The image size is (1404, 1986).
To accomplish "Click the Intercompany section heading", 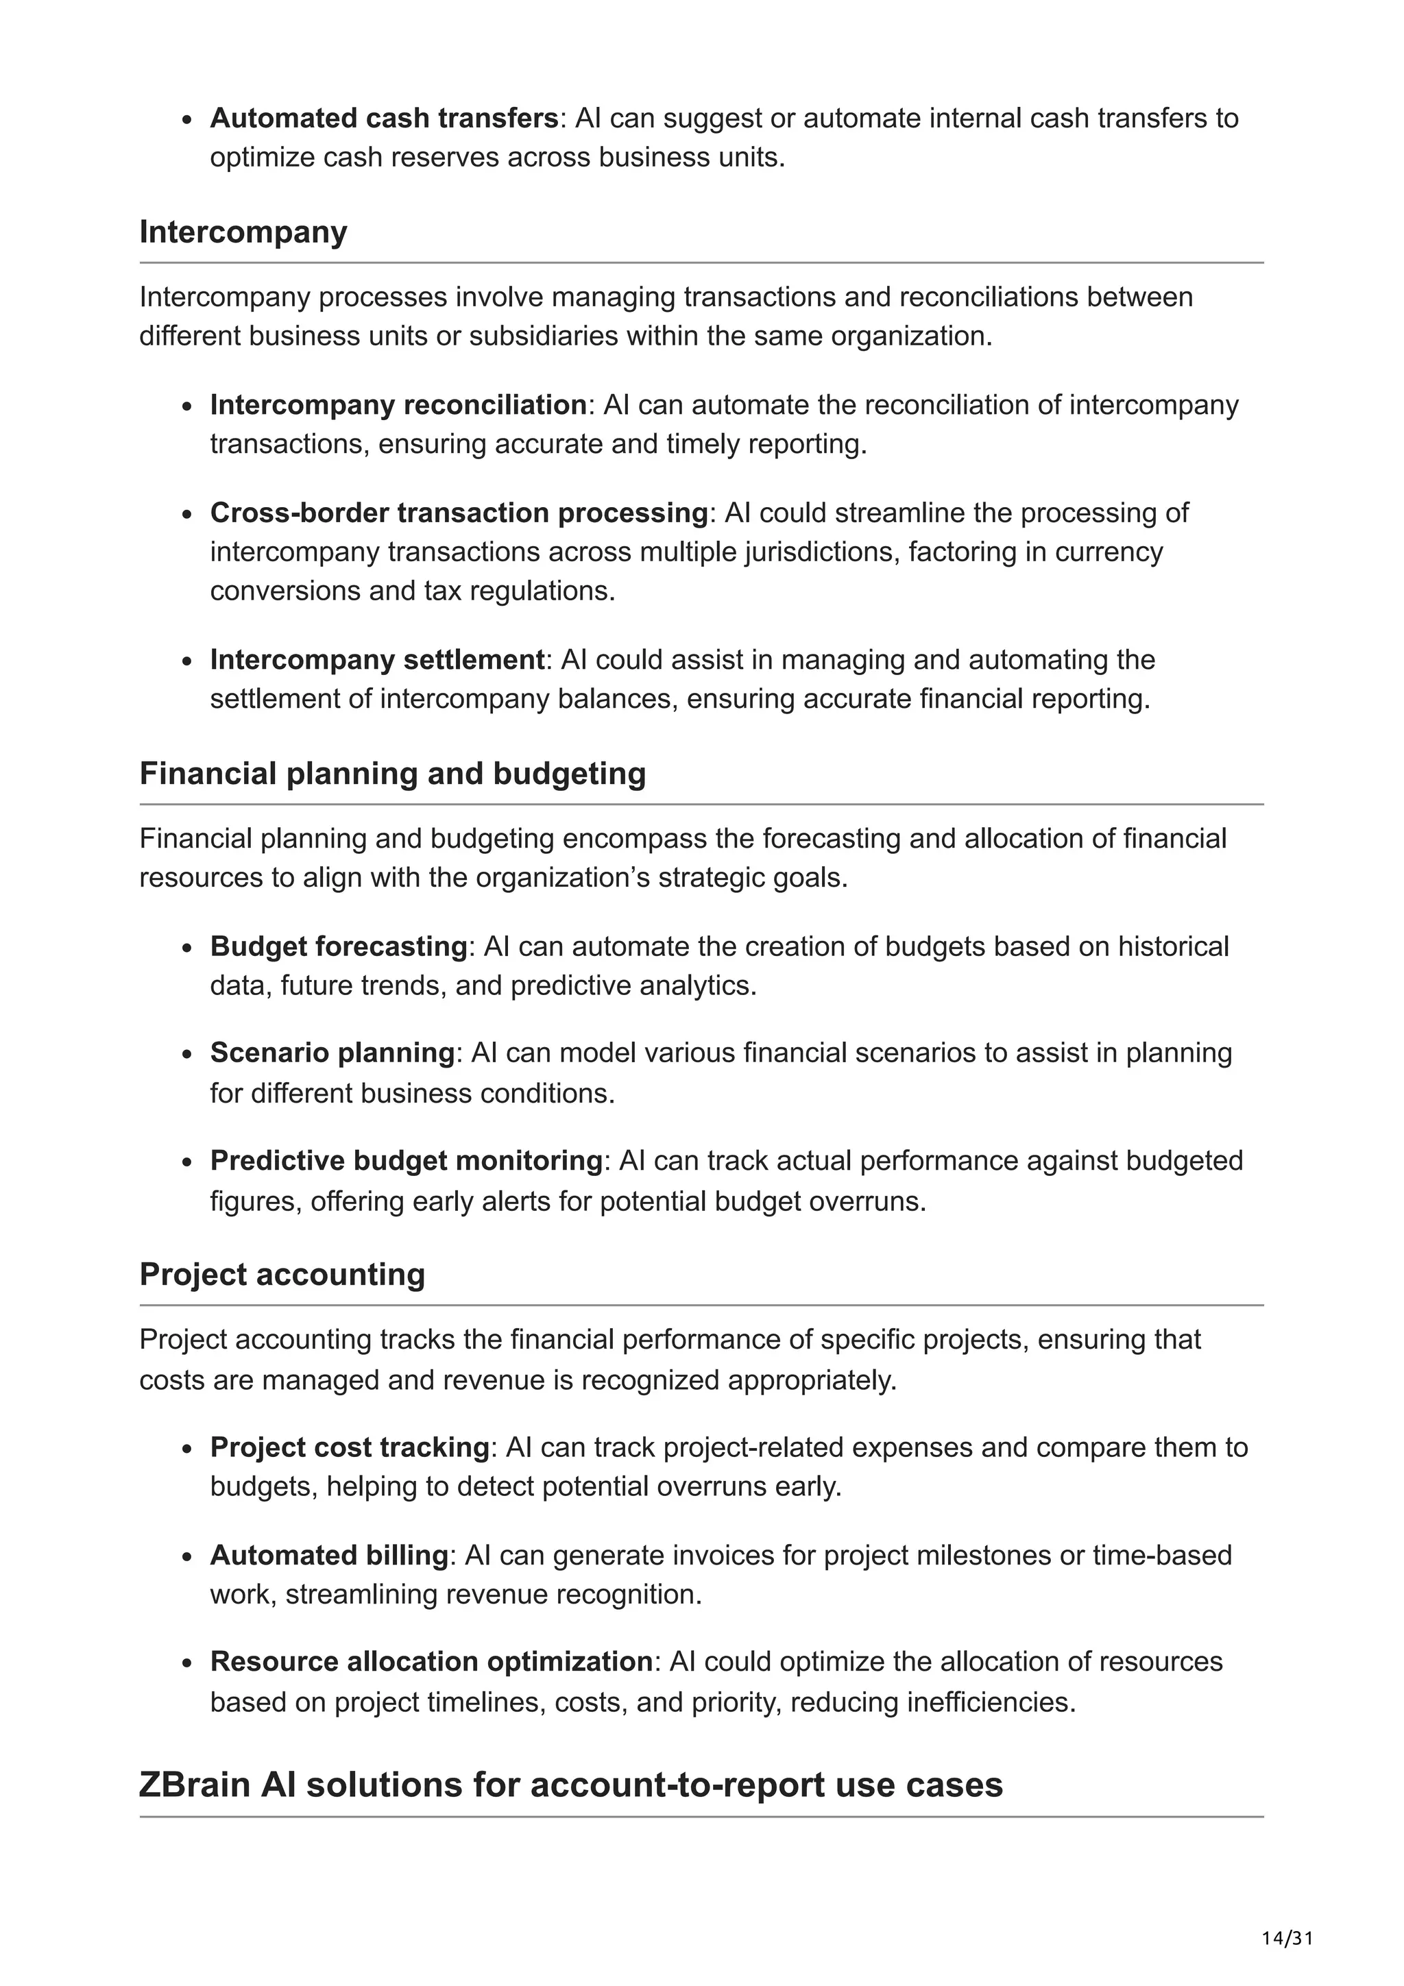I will [x=243, y=232].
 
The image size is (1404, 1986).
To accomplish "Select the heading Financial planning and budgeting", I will [x=392, y=773].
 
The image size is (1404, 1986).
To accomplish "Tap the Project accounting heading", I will [x=282, y=1274].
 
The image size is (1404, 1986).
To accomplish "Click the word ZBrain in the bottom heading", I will [x=195, y=1785].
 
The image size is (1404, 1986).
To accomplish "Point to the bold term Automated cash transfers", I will [x=384, y=119].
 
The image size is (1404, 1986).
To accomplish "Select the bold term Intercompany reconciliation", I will [x=398, y=405].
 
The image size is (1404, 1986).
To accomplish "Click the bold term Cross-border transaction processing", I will [x=459, y=513].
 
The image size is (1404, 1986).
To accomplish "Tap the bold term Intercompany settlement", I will [x=377, y=660].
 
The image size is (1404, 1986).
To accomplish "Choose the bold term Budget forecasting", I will [x=338, y=946].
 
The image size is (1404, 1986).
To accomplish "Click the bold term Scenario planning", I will [x=331, y=1053].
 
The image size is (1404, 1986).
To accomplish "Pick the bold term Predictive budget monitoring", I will [x=406, y=1161].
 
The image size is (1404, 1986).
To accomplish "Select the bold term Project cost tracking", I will [x=350, y=1447].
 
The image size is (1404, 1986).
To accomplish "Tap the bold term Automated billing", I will [x=329, y=1555].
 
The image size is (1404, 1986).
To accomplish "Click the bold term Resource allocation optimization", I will [x=431, y=1662].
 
